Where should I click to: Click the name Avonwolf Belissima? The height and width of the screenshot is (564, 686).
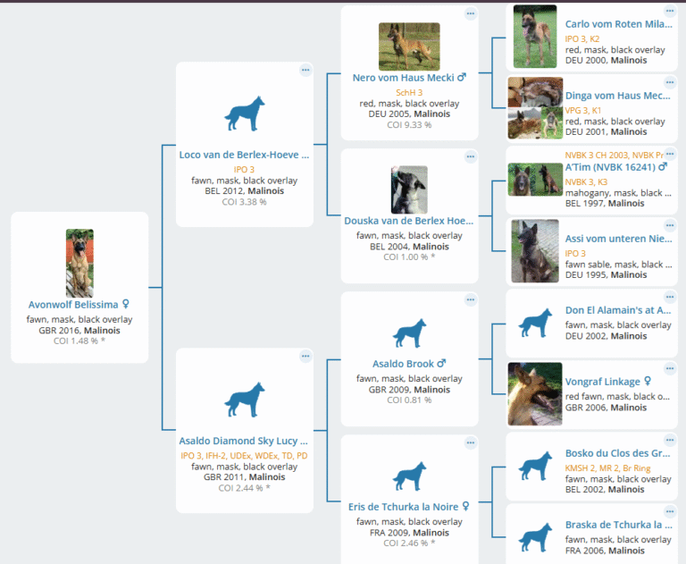pyautogui.click(x=73, y=305)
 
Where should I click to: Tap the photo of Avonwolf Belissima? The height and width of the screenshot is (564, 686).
pyautogui.click(x=79, y=263)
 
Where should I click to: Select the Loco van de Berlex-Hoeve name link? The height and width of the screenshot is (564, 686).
pyautogui.click(x=244, y=155)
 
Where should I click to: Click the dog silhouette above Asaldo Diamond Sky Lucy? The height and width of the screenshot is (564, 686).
pyautogui.click(x=245, y=400)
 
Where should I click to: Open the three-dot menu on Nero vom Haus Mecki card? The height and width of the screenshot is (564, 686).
pyautogui.click(x=471, y=13)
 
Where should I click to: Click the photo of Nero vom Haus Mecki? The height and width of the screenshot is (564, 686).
pyautogui.click(x=409, y=46)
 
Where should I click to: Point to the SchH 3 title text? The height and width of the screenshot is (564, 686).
pyautogui.click(x=409, y=93)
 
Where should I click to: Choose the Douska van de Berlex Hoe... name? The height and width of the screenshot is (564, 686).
pyautogui.click(x=408, y=221)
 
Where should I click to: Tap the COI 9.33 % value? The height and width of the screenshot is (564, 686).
pyautogui.click(x=409, y=125)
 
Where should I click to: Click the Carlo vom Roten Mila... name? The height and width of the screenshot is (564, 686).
pyautogui.click(x=619, y=24)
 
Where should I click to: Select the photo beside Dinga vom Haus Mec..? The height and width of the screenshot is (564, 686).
pyautogui.click(x=535, y=108)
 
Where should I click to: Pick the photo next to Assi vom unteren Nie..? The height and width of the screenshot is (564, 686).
pyautogui.click(x=535, y=251)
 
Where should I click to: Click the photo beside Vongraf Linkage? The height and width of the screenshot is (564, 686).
pyautogui.click(x=535, y=394)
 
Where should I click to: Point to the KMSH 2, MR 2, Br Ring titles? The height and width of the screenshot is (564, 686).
pyautogui.click(x=607, y=468)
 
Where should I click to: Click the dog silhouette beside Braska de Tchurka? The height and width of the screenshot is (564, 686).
pyautogui.click(x=535, y=537)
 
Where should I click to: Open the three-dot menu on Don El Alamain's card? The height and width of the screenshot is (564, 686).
pyautogui.click(x=670, y=298)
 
